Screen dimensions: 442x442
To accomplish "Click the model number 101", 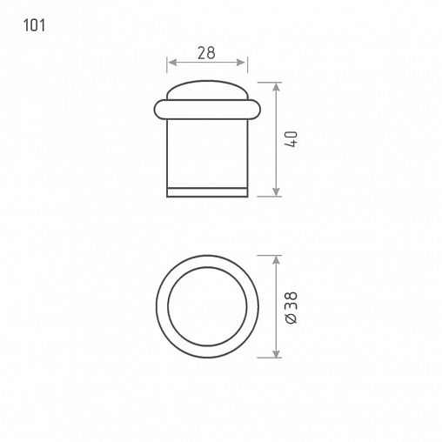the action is pos(34,25).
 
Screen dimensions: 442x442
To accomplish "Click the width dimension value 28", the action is pos(206,53).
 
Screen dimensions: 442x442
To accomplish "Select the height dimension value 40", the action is pos(291,139).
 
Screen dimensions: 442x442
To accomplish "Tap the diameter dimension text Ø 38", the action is pos(291,307).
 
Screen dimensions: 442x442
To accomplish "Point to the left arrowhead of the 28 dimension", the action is pos(172,63).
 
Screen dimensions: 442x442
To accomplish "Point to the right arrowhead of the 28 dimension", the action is pos(241,63).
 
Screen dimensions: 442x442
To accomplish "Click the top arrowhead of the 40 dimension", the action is pos(276,87).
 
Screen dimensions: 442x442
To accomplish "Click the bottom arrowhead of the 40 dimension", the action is pos(276,191).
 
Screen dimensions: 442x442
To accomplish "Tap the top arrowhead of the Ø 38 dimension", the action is pos(276,260).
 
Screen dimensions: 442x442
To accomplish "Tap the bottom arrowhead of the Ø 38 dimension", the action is pos(276,353).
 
